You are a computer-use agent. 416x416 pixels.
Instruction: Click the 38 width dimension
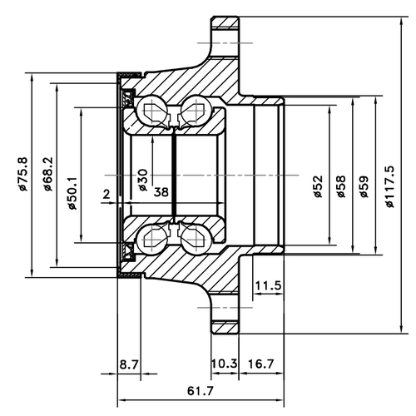click(x=161, y=192)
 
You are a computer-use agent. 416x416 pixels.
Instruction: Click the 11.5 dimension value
click(x=268, y=285)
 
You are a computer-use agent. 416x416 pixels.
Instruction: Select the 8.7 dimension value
click(x=130, y=364)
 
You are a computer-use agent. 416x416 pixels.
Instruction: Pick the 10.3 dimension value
click(x=225, y=364)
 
